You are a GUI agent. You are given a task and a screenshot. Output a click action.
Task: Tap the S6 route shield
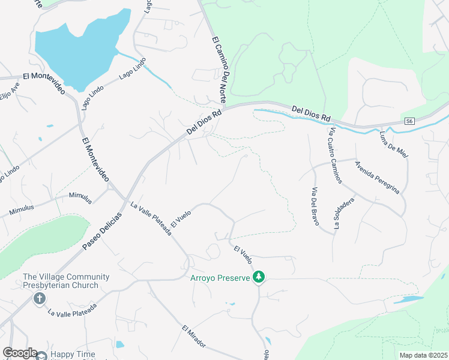tap(409, 121)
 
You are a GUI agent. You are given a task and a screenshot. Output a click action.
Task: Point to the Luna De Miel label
tap(394, 145)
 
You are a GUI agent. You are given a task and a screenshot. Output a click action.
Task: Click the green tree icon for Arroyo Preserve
tap(259, 277)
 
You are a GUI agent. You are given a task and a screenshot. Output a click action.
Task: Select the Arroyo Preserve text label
tap(219, 278)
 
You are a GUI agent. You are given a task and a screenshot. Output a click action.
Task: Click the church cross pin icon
tap(40, 298)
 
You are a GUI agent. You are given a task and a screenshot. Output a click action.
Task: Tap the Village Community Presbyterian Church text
tap(66, 281)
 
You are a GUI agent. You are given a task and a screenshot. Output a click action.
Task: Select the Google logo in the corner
tap(20, 353)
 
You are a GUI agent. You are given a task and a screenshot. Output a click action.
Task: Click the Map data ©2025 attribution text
tap(423, 355)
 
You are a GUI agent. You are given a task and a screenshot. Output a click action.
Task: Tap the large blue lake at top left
tap(78, 51)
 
